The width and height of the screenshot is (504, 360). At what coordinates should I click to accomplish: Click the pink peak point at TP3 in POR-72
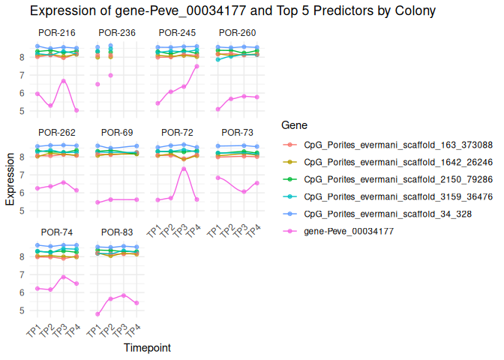(x=184, y=169)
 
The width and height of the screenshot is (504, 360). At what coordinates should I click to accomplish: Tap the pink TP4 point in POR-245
(x=196, y=66)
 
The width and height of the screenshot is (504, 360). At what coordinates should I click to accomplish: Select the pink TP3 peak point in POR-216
(x=64, y=80)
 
